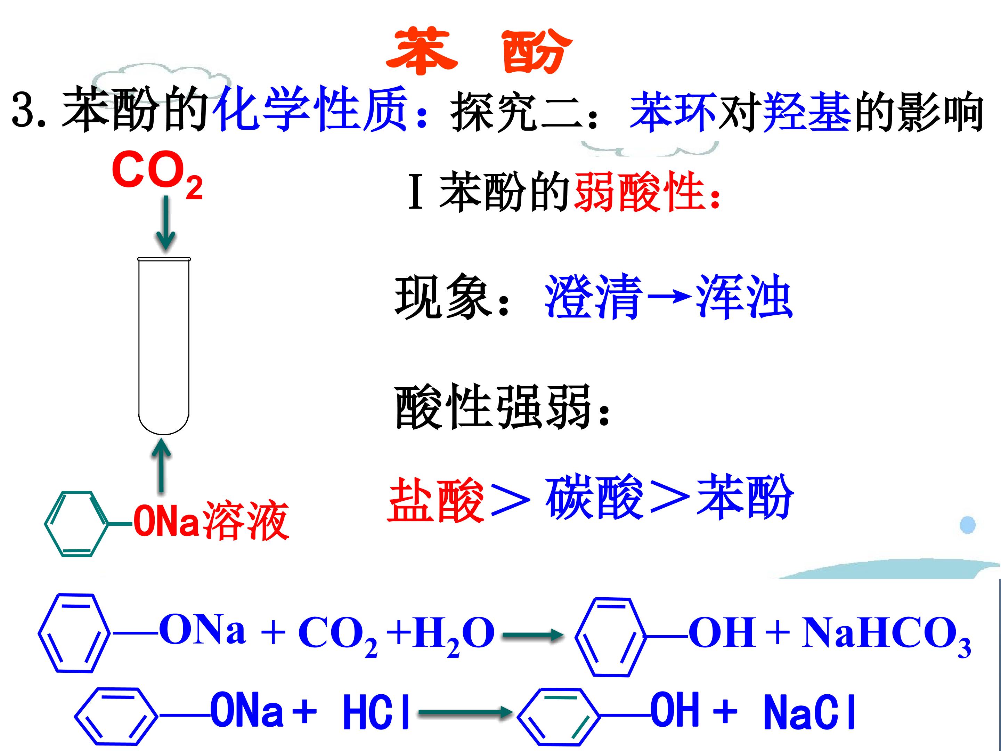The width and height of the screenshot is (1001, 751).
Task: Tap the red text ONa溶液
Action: click(x=211, y=522)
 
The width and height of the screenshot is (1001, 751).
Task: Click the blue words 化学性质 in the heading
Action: click(x=312, y=109)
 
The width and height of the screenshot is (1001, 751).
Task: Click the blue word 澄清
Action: click(x=593, y=297)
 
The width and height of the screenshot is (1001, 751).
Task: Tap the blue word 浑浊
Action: click(x=743, y=297)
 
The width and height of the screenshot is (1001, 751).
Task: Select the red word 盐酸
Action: click(x=436, y=499)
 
